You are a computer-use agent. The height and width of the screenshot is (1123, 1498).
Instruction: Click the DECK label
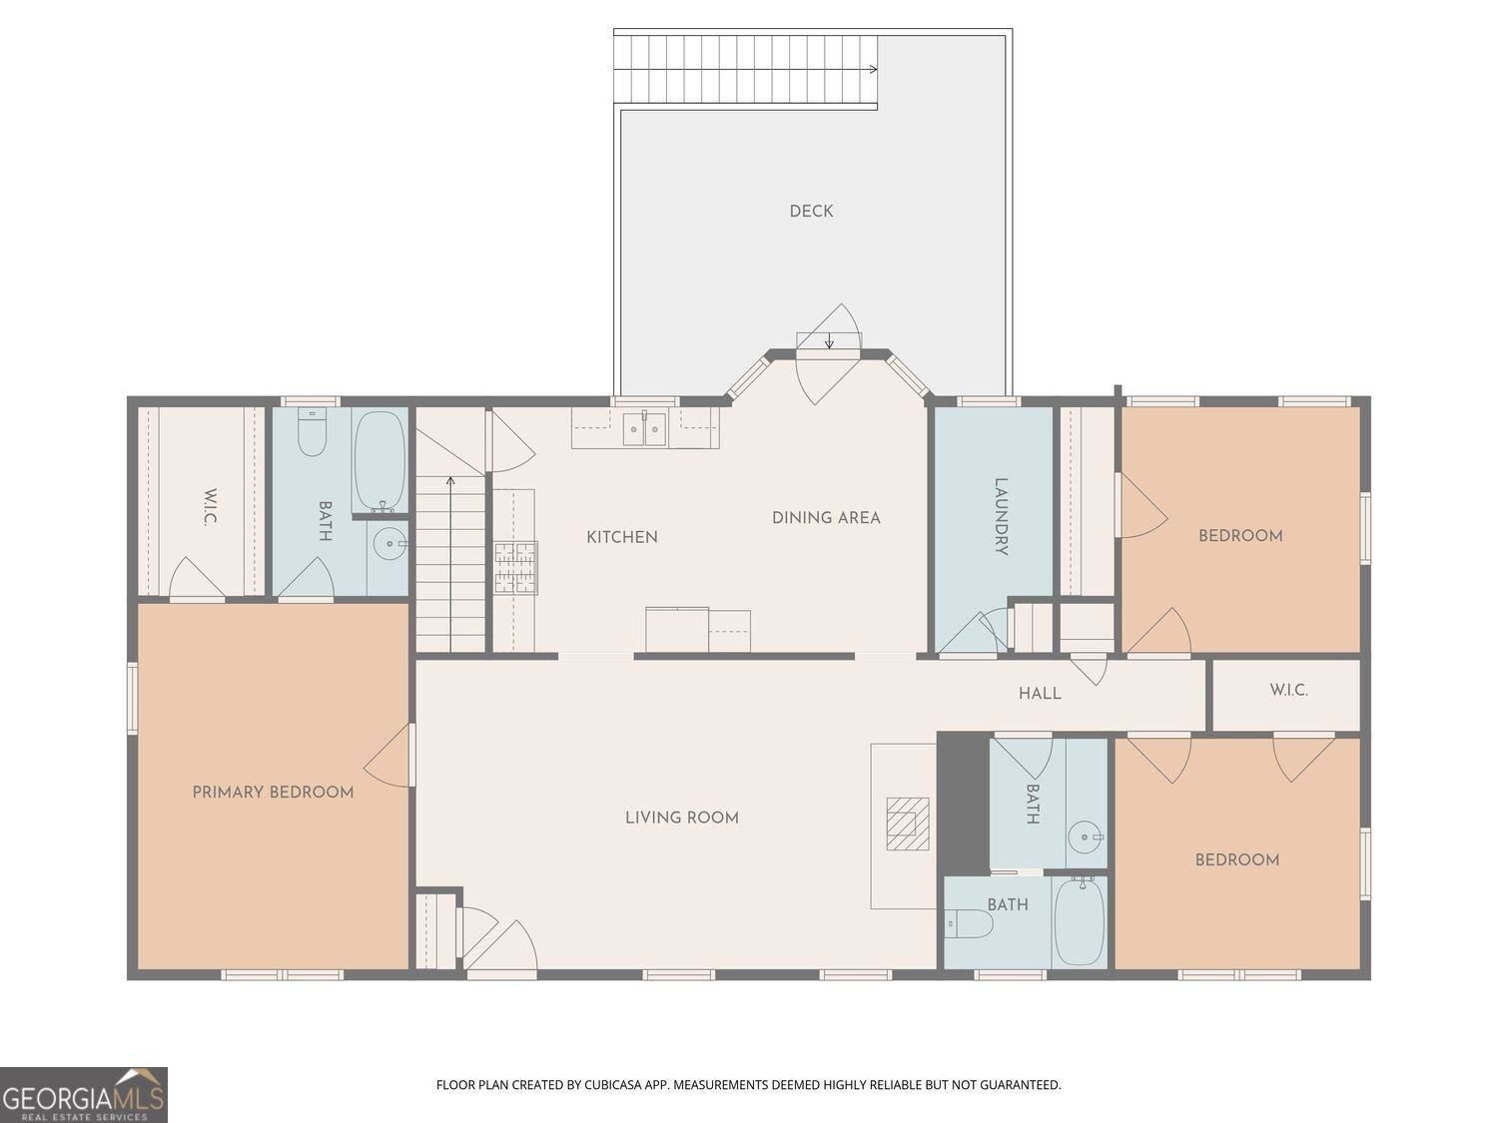pyautogui.click(x=811, y=212)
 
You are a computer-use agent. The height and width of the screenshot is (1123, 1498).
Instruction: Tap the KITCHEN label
pyautogui.click(x=622, y=537)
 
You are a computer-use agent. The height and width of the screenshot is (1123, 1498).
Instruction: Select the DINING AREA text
pyautogui.click(x=826, y=518)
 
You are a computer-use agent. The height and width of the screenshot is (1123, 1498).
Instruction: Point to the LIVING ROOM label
pyautogui.click(x=682, y=818)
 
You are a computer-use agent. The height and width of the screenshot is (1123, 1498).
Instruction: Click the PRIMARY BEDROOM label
pyautogui.click(x=273, y=793)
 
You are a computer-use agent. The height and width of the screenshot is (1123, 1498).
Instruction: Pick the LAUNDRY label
pyautogui.click(x=1002, y=517)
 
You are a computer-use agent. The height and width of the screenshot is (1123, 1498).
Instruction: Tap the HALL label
pyautogui.click(x=1040, y=694)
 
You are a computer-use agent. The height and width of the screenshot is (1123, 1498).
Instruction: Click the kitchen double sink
pyautogui.click(x=644, y=428)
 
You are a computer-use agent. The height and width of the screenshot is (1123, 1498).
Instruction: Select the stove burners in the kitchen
pyautogui.click(x=516, y=567)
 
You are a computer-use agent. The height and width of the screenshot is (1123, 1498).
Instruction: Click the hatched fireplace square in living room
pyautogui.click(x=908, y=824)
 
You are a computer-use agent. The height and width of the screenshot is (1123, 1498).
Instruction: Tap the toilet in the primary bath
pyautogui.click(x=312, y=432)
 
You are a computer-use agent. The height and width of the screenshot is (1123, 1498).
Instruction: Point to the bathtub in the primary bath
pyautogui.click(x=380, y=461)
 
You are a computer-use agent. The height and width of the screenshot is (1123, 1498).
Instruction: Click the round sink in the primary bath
pyautogui.click(x=389, y=543)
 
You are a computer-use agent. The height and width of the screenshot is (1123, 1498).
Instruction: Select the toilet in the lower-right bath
pyautogui.click(x=969, y=924)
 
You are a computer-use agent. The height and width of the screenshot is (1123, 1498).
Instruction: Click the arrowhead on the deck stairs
pyautogui.click(x=874, y=69)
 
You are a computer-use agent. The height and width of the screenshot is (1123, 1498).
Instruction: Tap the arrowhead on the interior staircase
pyautogui.click(x=450, y=481)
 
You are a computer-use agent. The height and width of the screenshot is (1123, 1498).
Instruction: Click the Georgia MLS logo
pyautogui.click(x=83, y=1095)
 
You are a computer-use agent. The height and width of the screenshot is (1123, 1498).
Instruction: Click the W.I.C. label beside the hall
pyautogui.click(x=1288, y=690)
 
